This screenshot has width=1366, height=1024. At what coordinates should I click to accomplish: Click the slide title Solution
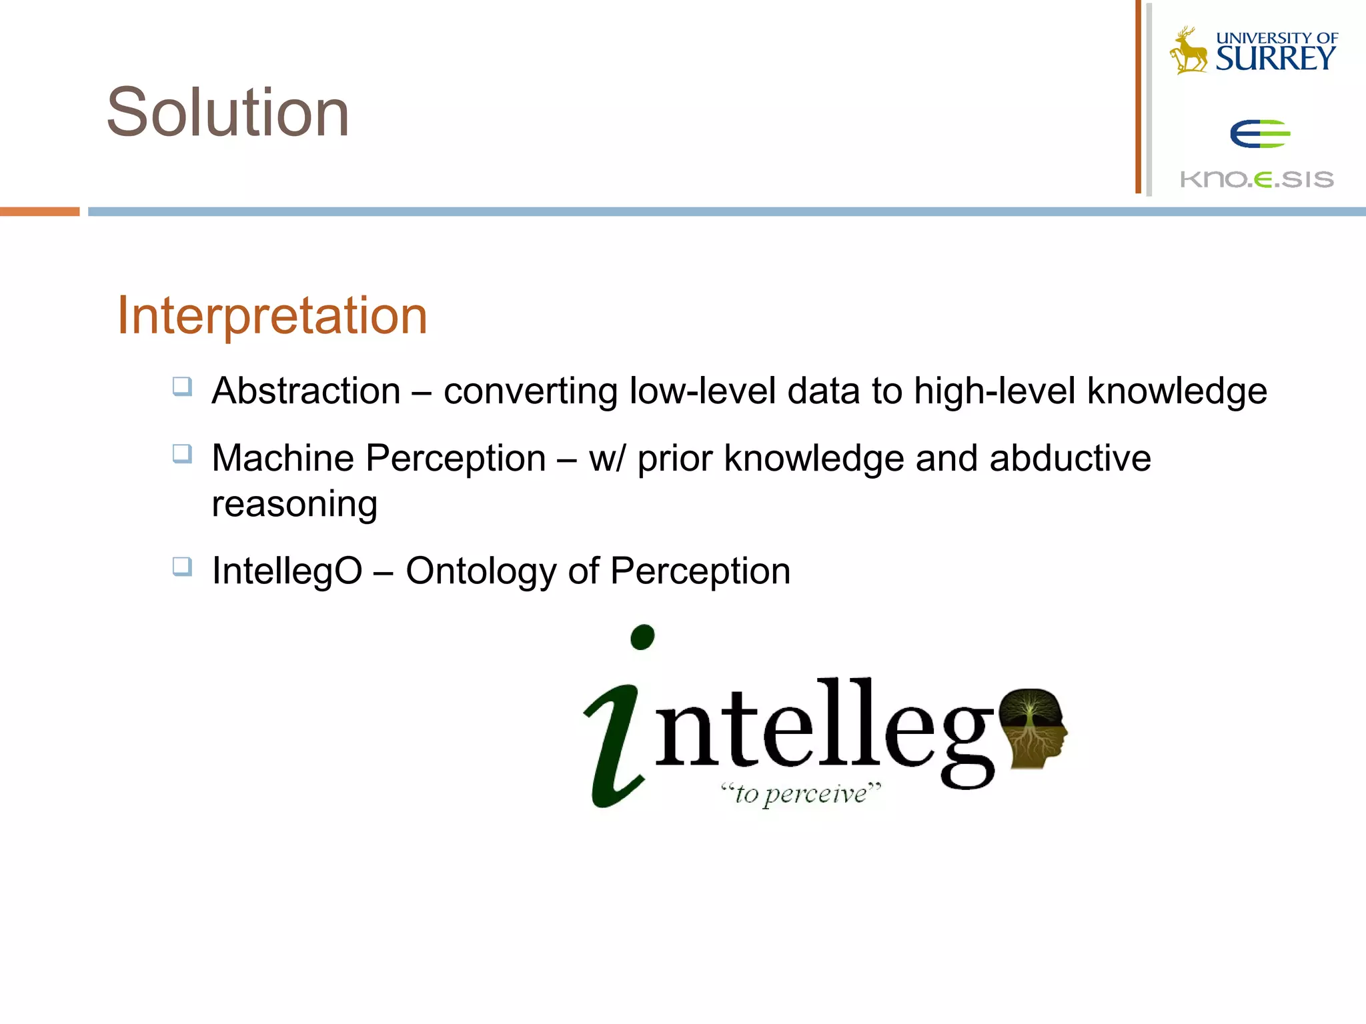pyautogui.click(x=227, y=113)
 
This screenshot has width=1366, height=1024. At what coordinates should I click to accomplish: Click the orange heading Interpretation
pyautogui.click(x=272, y=315)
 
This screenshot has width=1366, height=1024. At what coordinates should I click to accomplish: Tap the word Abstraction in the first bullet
pyautogui.click(x=306, y=391)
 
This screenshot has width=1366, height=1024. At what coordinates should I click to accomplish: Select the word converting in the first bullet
pyautogui.click(x=530, y=391)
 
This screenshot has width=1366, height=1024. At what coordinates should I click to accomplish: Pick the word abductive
pyautogui.click(x=1070, y=458)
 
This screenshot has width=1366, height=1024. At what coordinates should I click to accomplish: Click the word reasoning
pyautogui.click(x=294, y=504)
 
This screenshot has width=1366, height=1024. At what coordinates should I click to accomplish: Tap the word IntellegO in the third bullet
pyautogui.click(x=287, y=571)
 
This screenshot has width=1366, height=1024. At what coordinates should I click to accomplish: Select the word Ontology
pyautogui.click(x=481, y=572)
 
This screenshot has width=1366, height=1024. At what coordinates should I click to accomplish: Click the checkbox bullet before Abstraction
pyautogui.click(x=182, y=387)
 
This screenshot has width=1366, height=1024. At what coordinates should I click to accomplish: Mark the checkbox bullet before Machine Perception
pyautogui.click(x=182, y=454)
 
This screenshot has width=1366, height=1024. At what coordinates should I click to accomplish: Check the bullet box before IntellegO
pyautogui.click(x=182, y=567)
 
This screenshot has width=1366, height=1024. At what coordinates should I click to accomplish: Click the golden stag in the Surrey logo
pyautogui.click(x=1188, y=52)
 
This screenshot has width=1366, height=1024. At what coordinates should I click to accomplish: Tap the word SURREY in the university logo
pyautogui.click(x=1275, y=59)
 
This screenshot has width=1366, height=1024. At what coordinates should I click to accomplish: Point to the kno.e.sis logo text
pyautogui.click(x=1257, y=179)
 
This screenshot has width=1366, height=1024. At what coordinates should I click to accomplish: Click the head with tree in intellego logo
pyautogui.click(x=1034, y=728)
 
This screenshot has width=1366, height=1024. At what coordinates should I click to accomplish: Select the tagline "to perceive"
pyautogui.click(x=800, y=793)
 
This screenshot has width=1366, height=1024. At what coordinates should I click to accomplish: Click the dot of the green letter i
pyautogui.click(x=642, y=637)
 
